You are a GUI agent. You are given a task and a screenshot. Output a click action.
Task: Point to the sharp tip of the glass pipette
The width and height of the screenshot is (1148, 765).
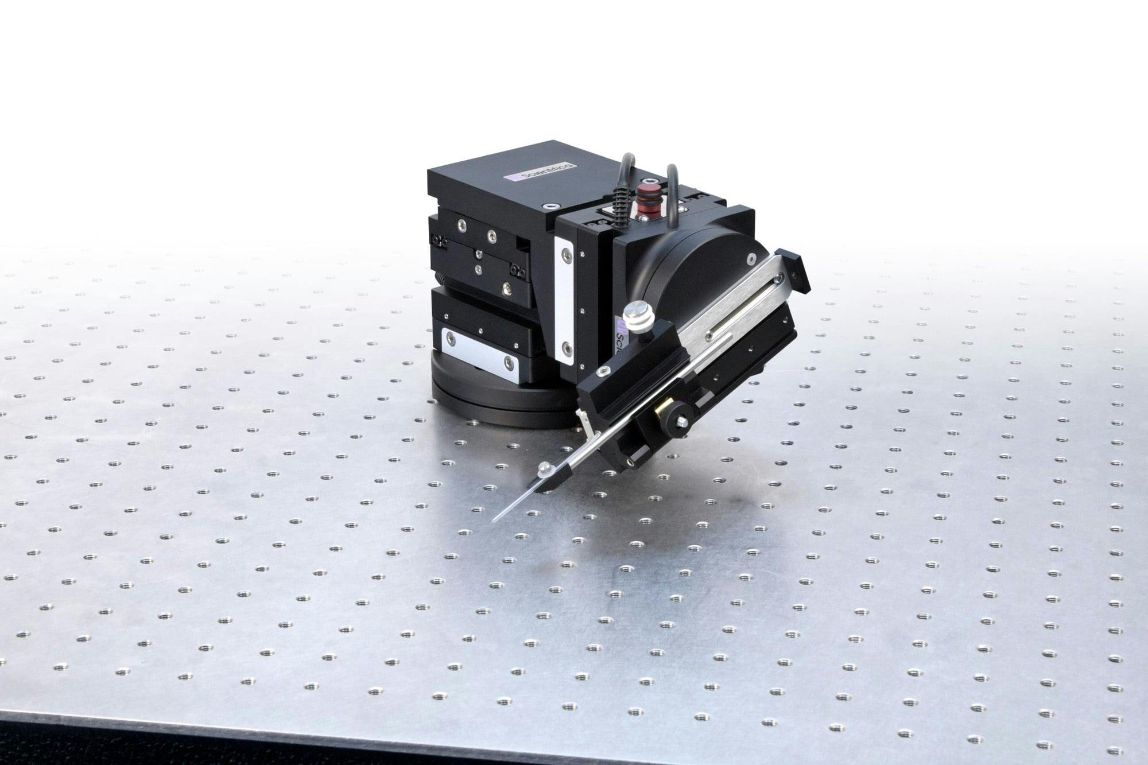(x=494, y=521)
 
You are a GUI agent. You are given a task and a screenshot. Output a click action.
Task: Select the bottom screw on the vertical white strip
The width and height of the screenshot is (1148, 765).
(x=567, y=347)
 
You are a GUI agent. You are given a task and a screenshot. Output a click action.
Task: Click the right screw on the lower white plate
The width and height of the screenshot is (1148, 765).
(x=508, y=362)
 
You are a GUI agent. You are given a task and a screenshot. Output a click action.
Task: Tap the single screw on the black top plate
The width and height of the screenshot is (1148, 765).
(x=552, y=205)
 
